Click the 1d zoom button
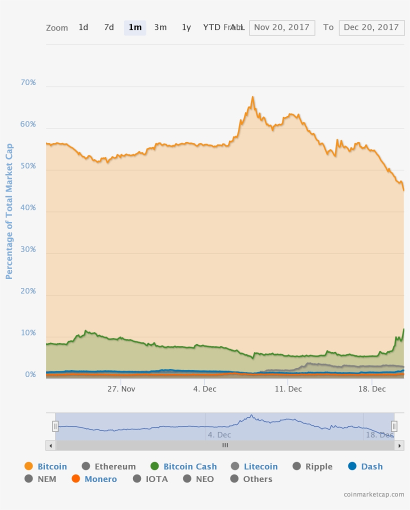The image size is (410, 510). pyautogui.click(x=83, y=27)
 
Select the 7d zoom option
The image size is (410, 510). pyautogui.click(x=109, y=27)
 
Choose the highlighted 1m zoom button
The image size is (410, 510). pyautogui.click(x=135, y=27)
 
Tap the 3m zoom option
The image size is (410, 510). pyautogui.click(x=160, y=27)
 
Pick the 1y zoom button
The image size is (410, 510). pyautogui.click(x=186, y=27)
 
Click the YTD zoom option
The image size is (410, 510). pyautogui.click(x=211, y=27)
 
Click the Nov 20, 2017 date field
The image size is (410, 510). pyautogui.click(x=282, y=27)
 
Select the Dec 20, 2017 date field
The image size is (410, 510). pyautogui.click(x=371, y=27)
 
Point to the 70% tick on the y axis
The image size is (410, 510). pyautogui.click(x=28, y=82)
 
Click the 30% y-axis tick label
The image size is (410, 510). pyautogui.click(x=28, y=249)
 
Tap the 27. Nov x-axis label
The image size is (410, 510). pyautogui.click(x=121, y=388)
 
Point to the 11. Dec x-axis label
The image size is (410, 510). pyautogui.click(x=288, y=388)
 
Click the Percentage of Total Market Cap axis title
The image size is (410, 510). pyautogui.click(x=9, y=211)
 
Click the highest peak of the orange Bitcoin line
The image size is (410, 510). pyautogui.click(x=253, y=97)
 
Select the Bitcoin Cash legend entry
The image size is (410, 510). pyautogui.click(x=190, y=466)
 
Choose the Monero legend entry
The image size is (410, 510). pyautogui.click(x=100, y=479)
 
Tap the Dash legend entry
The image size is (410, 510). pyautogui.click(x=371, y=466)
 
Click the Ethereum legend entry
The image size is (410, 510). pyautogui.click(x=115, y=466)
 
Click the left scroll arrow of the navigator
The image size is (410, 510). pyautogui.click(x=50, y=445)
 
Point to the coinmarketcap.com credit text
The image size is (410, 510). pyautogui.click(x=374, y=494)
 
